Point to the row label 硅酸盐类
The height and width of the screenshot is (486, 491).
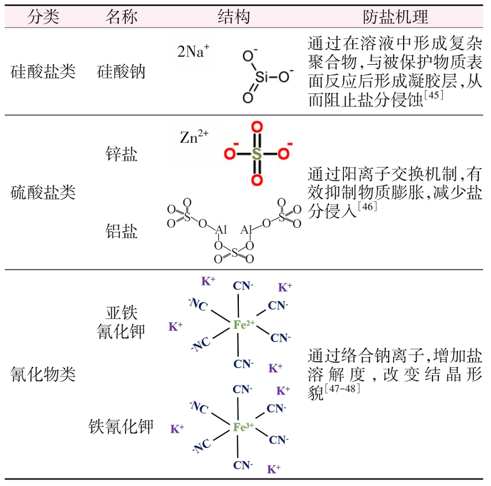click(43, 71)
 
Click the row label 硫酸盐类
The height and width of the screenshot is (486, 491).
click(43, 192)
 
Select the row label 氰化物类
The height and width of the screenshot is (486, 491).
click(43, 374)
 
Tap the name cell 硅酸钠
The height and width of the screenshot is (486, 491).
click(121, 71)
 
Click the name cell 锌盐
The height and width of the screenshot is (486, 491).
click(121, 154)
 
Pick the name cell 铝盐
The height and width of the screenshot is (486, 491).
click(121, 231)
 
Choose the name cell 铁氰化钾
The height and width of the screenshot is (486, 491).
click(121, 426)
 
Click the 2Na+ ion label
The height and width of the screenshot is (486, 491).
click(193, 52)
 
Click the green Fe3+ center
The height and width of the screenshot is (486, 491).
click(243, 427)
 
